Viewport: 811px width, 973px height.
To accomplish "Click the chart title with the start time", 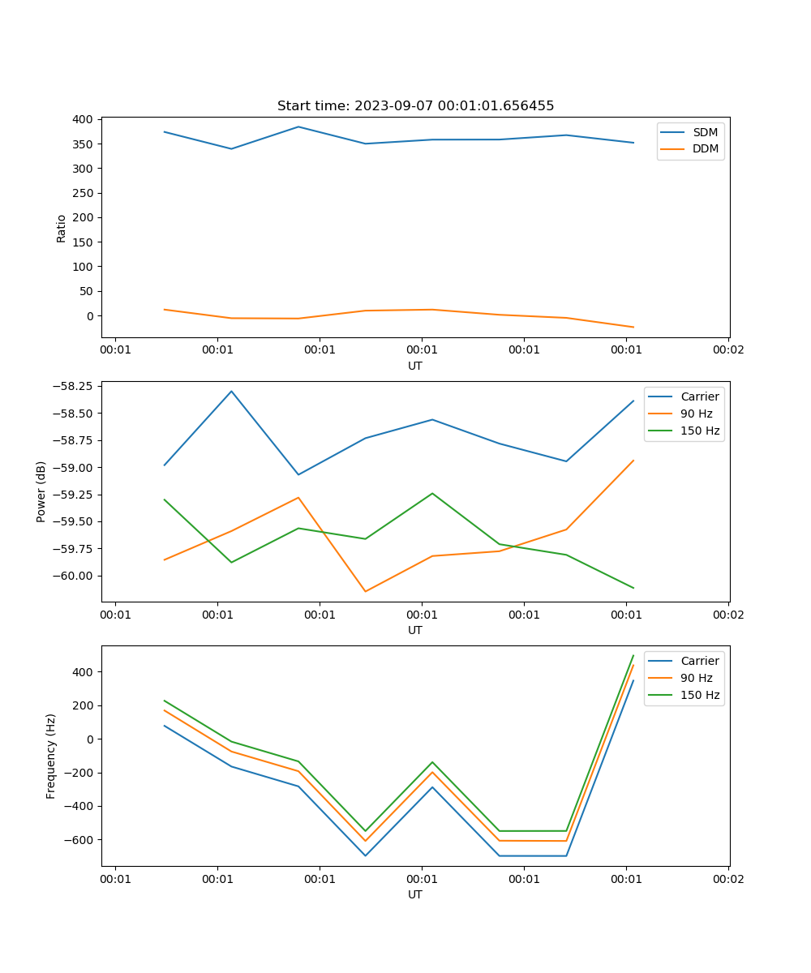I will click(x=415, y=106).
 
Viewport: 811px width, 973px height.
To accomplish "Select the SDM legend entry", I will click(x=705, y=132).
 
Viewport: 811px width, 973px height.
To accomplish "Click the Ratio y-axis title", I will click(x=62, y=228).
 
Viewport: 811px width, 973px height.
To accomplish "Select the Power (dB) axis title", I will click(x=41, y=491).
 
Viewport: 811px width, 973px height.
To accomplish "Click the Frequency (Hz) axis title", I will click(x=51, y=756).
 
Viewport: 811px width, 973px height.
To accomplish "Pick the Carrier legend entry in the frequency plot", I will click(x=700, y=661).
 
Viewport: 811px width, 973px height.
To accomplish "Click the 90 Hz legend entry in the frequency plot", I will click(x=697, y=678).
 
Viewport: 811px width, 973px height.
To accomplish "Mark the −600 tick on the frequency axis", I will click(x=79, y=840).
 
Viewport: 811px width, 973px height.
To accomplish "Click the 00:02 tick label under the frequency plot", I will click(x=727, y=878).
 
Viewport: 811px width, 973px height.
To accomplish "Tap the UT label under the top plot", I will click(x=415, y=366).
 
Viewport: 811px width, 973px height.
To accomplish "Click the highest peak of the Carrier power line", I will click(x=231, y=391).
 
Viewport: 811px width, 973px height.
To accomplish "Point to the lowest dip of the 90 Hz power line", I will click(x=365, y=591).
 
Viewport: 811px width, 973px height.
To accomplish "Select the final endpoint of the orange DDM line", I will click(x=633, y=328).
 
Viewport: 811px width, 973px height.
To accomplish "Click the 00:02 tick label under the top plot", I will click(x=727, y=349).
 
